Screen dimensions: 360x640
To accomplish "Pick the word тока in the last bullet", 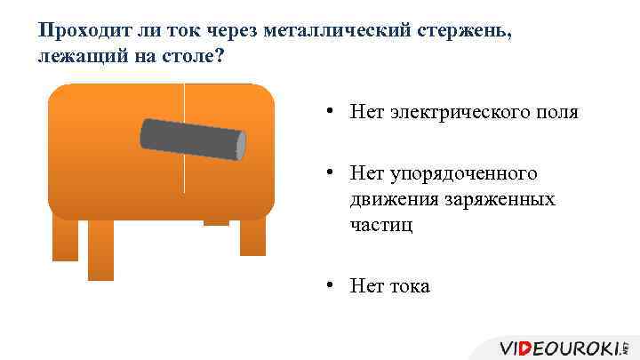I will [x=408, y=285].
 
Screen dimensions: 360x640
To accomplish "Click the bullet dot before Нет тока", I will [x=329, y=285].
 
